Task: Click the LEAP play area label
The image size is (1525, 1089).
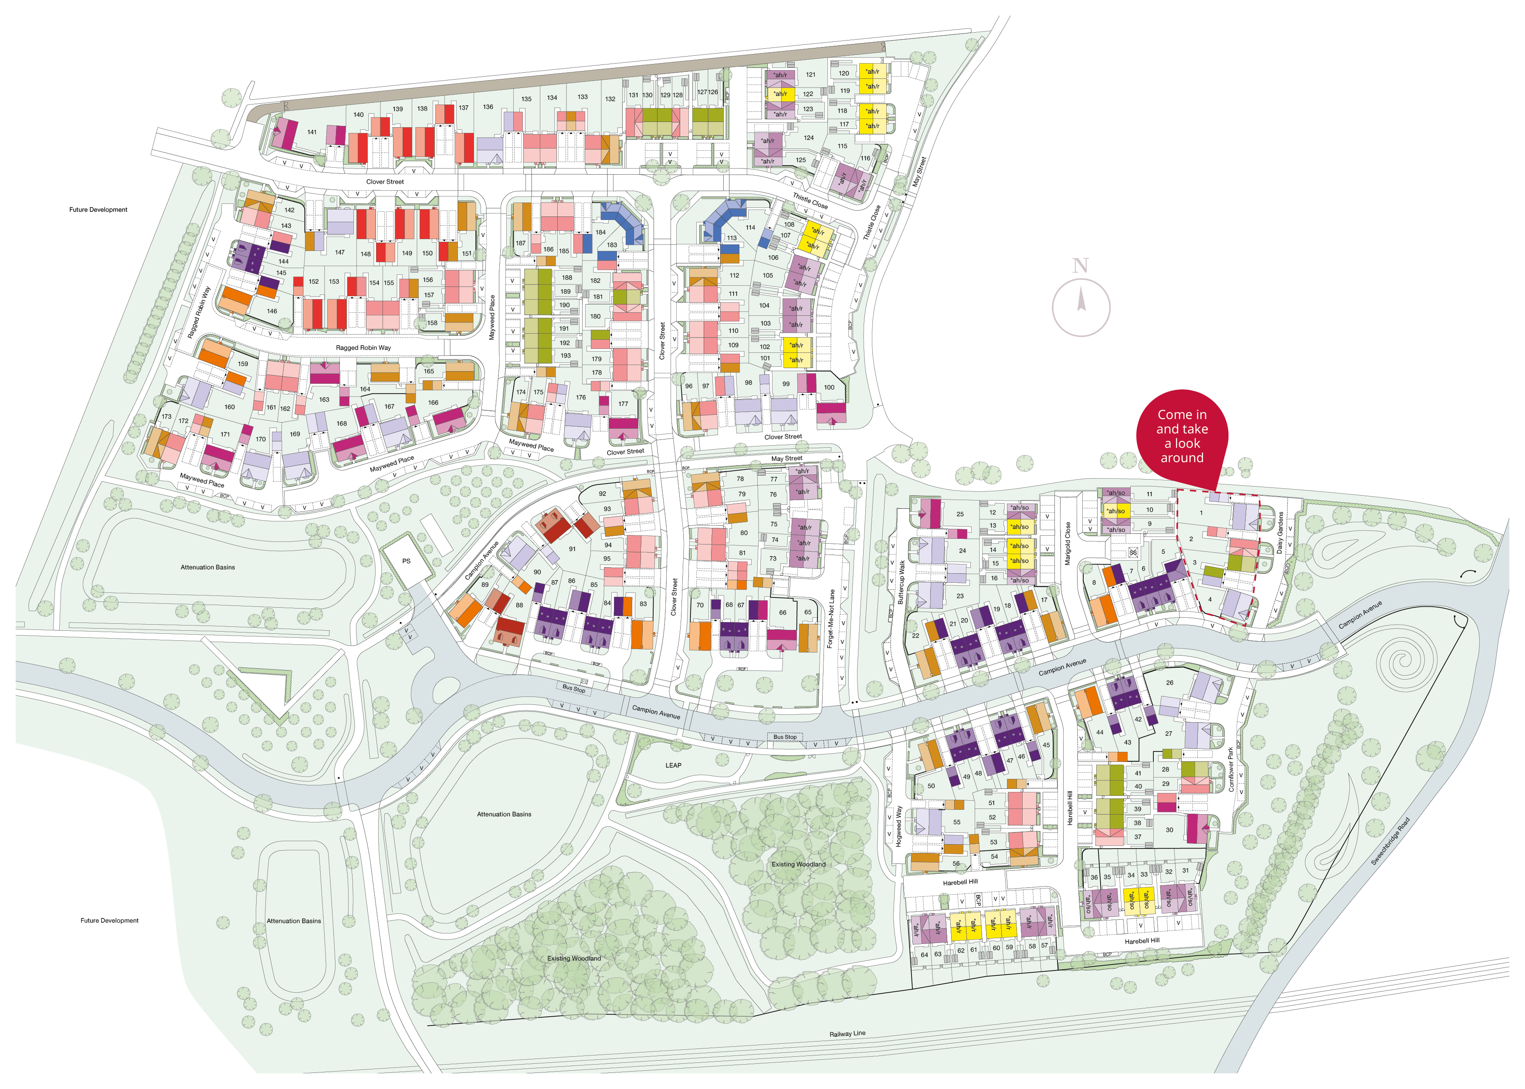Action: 673,765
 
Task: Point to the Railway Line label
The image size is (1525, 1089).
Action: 847,1033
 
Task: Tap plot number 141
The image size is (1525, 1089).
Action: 312,132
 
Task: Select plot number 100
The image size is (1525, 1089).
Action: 829,387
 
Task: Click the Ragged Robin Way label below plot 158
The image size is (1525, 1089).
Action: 363,347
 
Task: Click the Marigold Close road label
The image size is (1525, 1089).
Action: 1067,543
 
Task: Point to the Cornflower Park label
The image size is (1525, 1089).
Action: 1230,769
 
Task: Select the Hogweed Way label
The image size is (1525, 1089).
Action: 898,826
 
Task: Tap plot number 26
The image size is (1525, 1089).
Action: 1169,683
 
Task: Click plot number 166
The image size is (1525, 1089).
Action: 433,403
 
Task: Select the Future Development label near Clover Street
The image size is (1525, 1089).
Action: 98,210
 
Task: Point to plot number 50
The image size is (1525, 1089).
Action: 931,786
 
